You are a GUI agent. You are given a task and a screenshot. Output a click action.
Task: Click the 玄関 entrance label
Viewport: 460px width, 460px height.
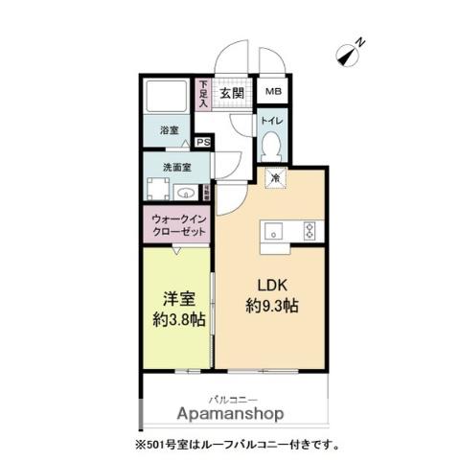[x=231, y=93]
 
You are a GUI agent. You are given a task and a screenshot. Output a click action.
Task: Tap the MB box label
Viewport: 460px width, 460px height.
[x=273, y=93]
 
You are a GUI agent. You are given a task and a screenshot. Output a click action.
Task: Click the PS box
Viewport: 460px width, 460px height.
[x=203, y=143]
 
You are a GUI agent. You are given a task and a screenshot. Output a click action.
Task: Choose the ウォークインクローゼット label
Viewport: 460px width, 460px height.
[x=179, y=225]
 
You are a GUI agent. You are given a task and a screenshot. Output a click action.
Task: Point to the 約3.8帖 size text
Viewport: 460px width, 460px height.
[x=176, y=319]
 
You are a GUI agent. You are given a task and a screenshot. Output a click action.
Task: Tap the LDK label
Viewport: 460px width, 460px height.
[x=271, y=285]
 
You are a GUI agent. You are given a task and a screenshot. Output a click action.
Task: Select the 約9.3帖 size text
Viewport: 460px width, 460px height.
[x=271, y=308]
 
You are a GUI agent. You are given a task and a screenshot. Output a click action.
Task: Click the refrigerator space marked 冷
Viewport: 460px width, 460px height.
[x=274, y=178]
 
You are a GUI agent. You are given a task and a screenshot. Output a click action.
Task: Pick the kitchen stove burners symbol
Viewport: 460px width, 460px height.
[x=310, y=229]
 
